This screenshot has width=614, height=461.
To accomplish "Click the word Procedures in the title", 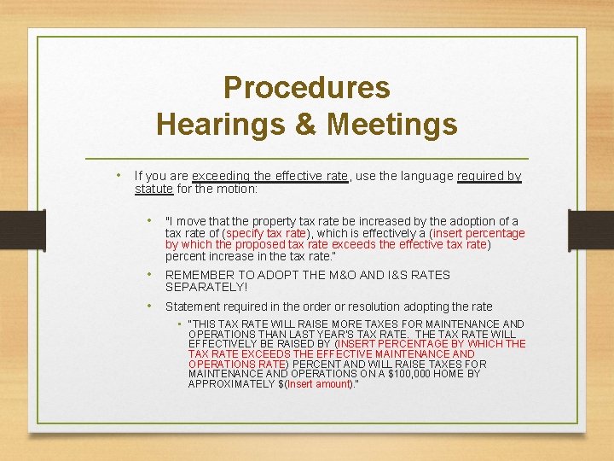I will point(306,87).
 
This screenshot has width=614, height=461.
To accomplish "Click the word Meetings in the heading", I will point(392,125).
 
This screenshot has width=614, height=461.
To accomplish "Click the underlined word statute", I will point(153,189).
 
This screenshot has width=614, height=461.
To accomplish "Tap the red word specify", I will point(243,233).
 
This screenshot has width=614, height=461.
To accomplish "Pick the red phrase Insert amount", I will point(317,384).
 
